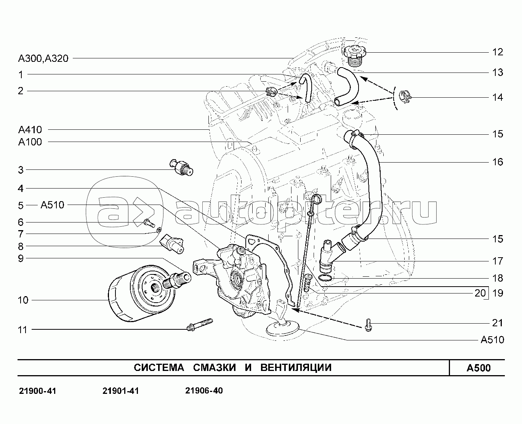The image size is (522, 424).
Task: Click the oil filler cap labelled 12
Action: (354, 56)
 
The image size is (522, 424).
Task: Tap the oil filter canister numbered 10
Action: (142, 293)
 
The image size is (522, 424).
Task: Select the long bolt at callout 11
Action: (200, 324)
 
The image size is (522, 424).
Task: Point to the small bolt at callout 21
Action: (368, 325)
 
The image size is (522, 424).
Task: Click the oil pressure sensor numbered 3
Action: (181, 167)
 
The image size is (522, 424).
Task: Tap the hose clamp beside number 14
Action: (405, 97)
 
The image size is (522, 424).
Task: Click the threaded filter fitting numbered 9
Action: (176, 281)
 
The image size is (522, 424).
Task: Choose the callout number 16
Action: (498, 162)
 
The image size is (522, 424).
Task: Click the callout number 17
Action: (498, 261)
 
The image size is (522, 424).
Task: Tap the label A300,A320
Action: (43, 58)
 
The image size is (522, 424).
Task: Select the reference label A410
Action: (30, 130)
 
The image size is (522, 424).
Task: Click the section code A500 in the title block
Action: (479, 368)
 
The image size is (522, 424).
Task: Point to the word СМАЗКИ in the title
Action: (215, 368)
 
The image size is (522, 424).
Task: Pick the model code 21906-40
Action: (204, 391)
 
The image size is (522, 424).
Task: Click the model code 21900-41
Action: (37, 391)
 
